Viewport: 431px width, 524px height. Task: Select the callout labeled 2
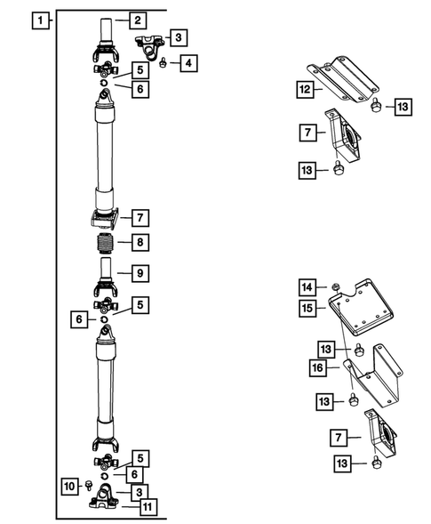[x=137, y=20]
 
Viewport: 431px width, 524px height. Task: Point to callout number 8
[x=137, y=242]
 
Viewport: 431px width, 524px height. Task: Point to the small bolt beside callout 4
[x=165, y=63]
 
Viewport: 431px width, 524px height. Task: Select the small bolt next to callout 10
[x=91, y=485]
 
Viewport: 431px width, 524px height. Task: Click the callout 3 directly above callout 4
[x=179, y=37]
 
